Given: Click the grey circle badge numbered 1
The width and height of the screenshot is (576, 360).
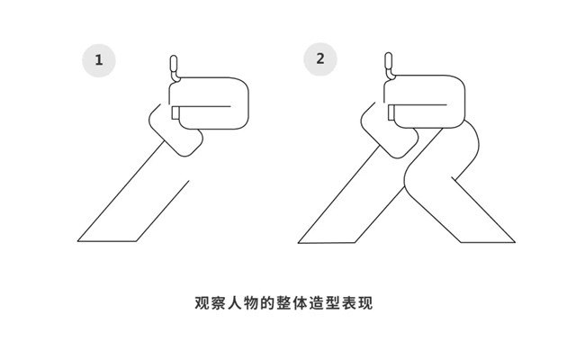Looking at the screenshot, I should [100, 61].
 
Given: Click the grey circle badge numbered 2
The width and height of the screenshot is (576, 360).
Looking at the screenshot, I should [320, 59].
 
